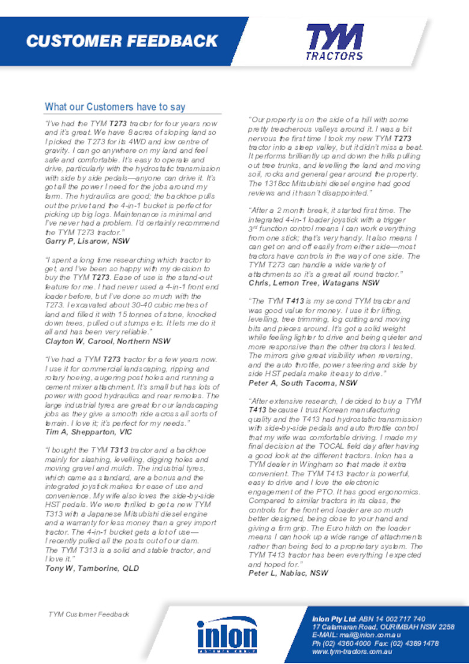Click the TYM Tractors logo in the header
point(335,41)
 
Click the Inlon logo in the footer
point(227,635)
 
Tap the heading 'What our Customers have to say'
point(115,107)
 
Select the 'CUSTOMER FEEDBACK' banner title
point(121,41)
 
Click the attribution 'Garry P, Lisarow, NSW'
point(87,241)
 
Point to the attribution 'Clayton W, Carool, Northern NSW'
point(108,341)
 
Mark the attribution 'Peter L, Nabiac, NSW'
point(288,573)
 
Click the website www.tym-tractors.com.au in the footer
point(352,651)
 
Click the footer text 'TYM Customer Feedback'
point(89,614)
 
